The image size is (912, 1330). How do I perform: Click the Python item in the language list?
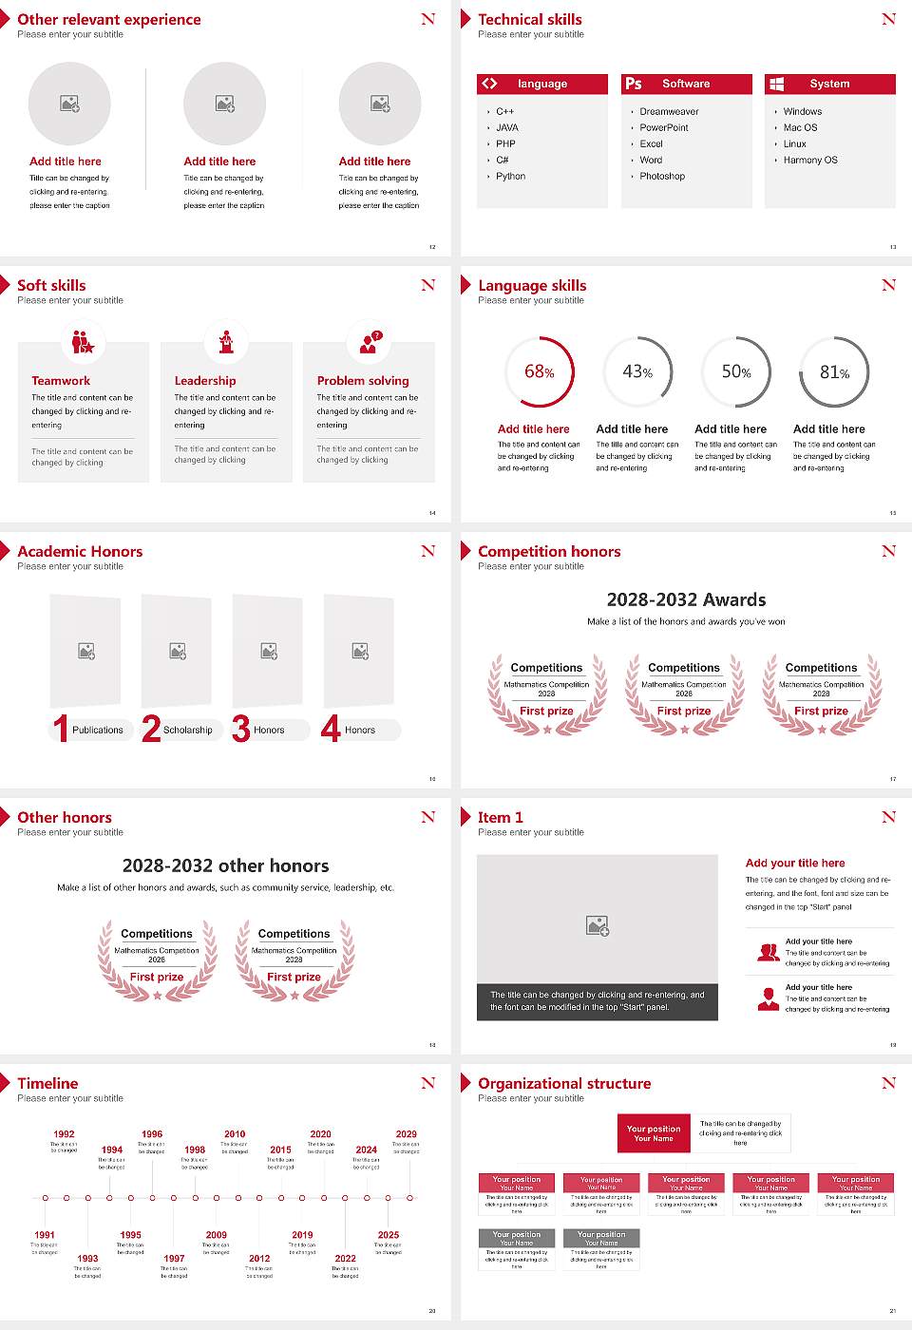click(x=510, y=177)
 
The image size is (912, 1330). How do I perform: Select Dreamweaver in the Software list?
click(x=669, y=112)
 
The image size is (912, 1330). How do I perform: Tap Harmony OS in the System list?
click(x=810, y=161)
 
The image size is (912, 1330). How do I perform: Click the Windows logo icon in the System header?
click(x=776, y=84)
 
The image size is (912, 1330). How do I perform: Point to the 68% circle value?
click(x=539, y=371)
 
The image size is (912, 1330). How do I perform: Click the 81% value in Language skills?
click(x=834, y=372)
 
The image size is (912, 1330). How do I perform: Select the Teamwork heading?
click(x=61, y=381)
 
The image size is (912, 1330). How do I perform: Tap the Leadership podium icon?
click(x=226, y=341)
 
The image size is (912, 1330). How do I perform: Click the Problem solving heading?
click(x=363, y=381)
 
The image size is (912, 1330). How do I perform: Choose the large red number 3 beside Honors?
click(x=241, y=729)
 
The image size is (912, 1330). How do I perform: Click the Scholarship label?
click(x=187, y=731)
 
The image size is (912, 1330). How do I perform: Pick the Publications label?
click(x=98, y=731)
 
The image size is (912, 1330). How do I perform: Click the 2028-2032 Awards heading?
click(x=686, y=599)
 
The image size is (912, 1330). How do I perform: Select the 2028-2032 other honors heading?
click(x=226, y=865)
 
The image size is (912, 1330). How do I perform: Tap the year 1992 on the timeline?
click(x=64, y=1134)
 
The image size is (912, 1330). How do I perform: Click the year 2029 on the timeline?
click(x=407, y=1134)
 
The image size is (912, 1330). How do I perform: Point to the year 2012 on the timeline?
click(x=259, y=1258)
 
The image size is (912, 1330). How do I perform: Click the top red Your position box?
click(x=654, y=1133)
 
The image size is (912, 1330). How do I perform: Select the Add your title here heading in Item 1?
click(x=795, y=864)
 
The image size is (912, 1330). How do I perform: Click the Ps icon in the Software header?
click(x=634, y=84)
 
